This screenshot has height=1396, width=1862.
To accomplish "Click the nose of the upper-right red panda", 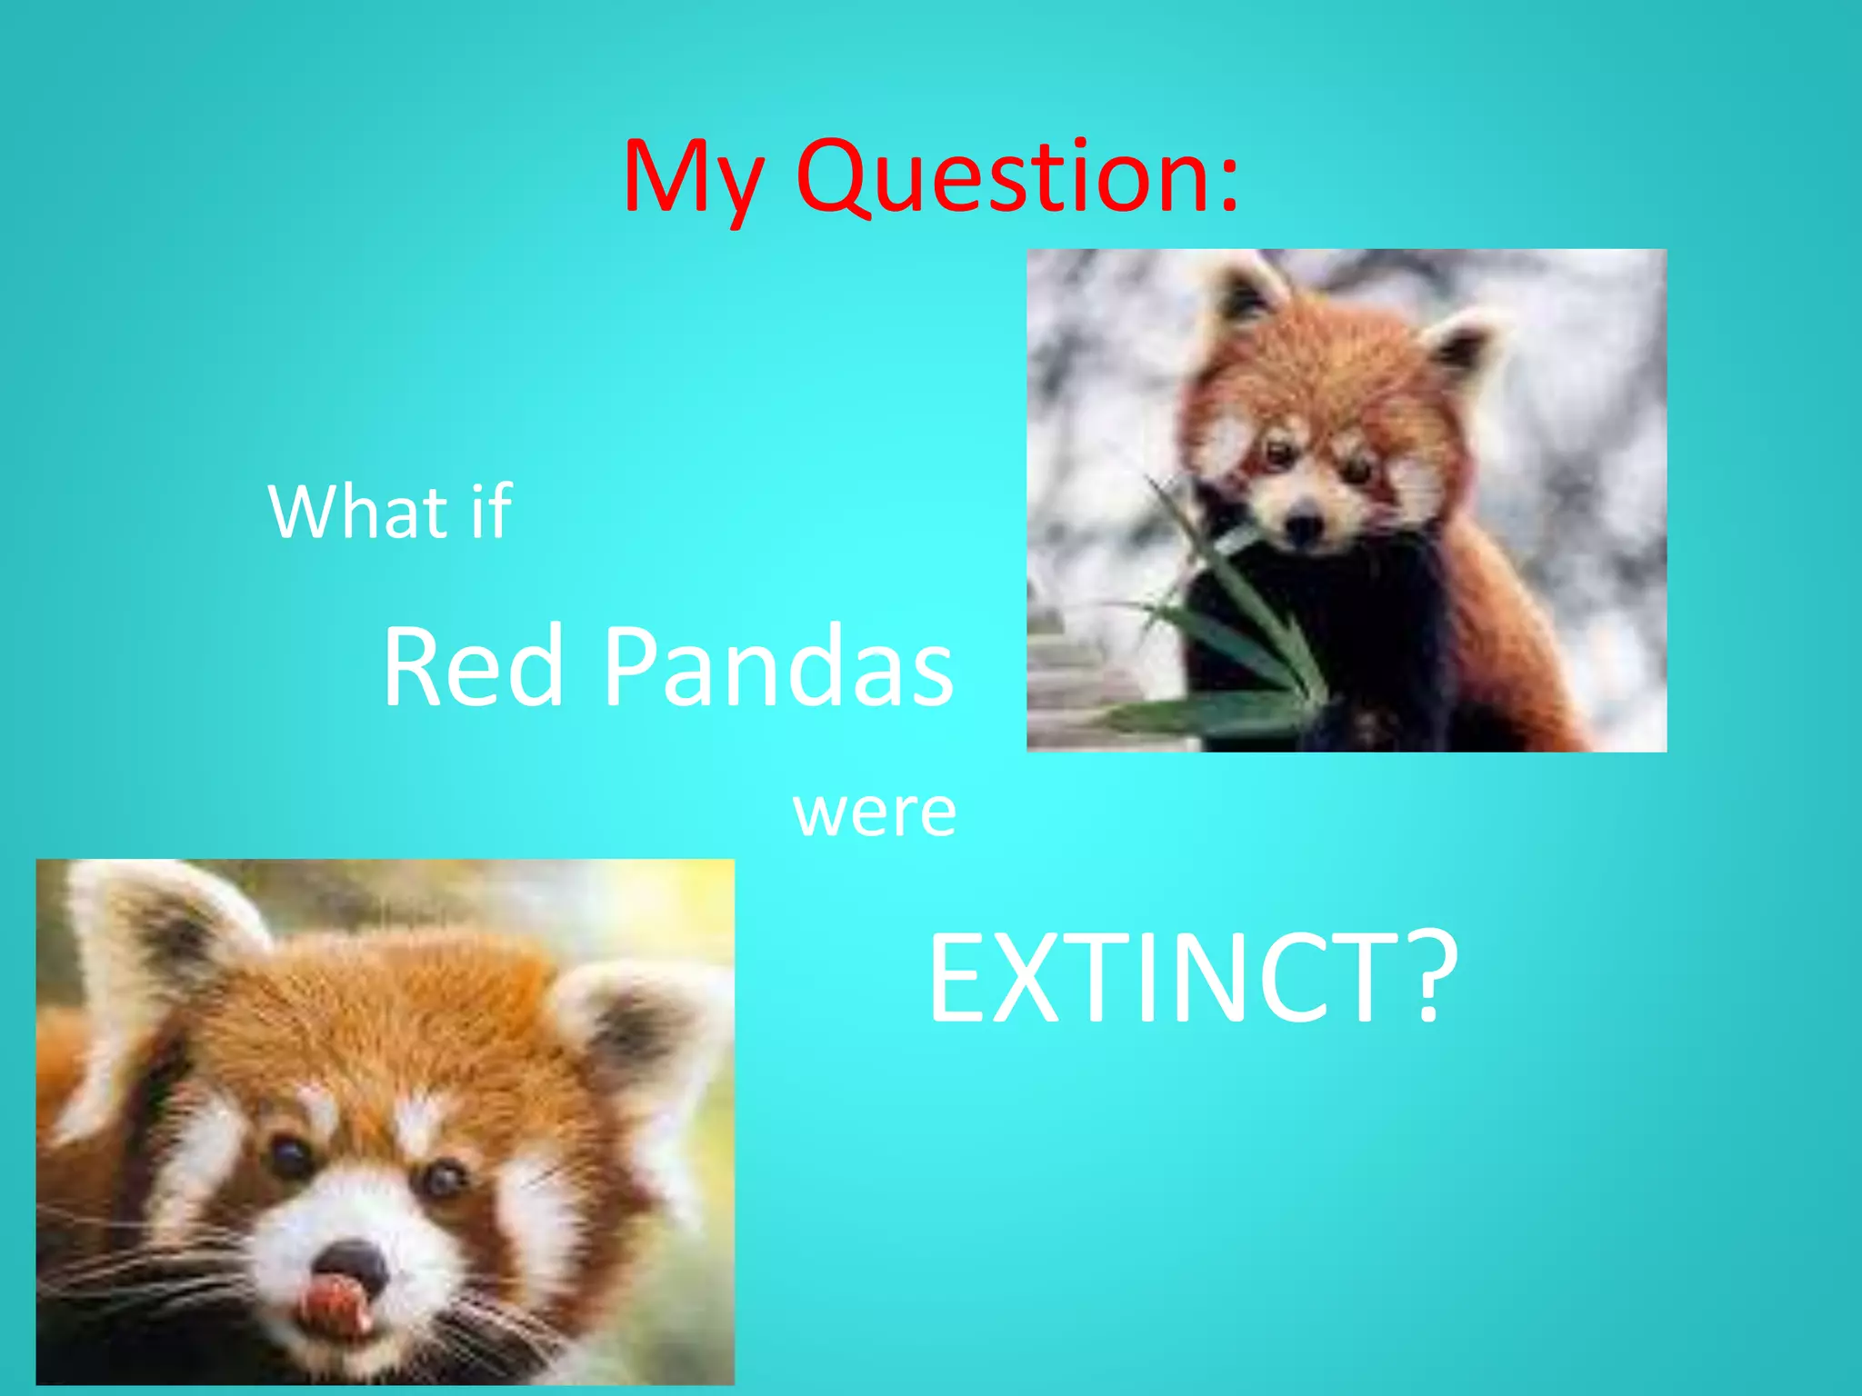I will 1306,524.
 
